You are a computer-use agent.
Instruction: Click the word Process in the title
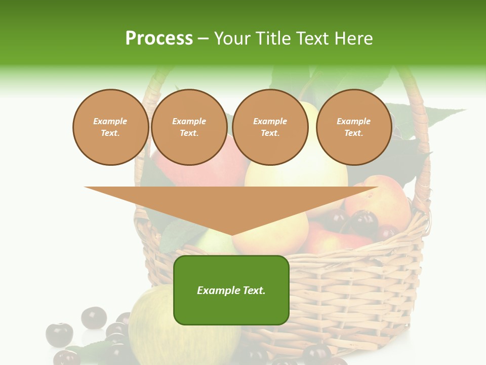[x=159, y=39]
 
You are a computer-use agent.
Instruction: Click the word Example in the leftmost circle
[x=110, y=122]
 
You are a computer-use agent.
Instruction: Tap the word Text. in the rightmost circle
[x=354, y=133]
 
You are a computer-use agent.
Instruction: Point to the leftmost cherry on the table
[x=59, y=335]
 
